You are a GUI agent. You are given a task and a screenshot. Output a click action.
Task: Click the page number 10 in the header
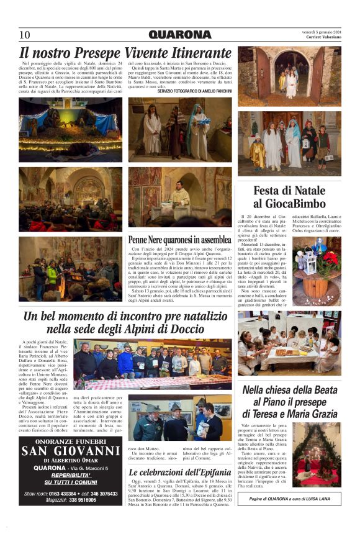pyautogui.click(x=25, y=35)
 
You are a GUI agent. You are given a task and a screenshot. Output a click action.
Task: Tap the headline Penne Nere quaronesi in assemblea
pyautogui.click(x=179, y=239)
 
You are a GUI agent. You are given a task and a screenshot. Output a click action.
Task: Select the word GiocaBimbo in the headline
pyautogui.click(x=289, y=204)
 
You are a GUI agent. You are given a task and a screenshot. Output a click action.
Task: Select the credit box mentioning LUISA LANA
pyautogui.click(x=289, y=497)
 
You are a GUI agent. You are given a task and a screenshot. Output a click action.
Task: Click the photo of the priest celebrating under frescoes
pyautogui.click(x=180, y=197)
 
